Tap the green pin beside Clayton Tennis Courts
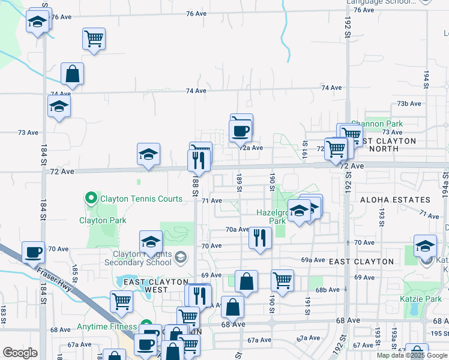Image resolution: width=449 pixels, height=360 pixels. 91,197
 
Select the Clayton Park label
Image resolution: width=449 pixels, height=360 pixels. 103,220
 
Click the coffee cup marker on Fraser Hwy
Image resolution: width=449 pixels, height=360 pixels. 33,252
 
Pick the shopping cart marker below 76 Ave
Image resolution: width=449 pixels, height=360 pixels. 94,38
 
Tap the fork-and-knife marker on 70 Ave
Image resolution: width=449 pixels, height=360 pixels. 260,238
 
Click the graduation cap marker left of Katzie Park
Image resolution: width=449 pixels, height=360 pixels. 425,246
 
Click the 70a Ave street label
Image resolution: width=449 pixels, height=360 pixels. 237,229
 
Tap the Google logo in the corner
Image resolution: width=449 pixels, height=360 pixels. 20,353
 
